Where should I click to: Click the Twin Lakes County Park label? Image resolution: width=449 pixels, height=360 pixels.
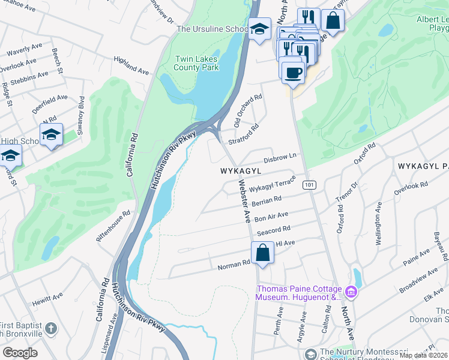point(195,64)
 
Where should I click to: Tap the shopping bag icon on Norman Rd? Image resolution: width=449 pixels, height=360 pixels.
point(263,253)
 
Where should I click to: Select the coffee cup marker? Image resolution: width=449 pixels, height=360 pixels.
point(292,73)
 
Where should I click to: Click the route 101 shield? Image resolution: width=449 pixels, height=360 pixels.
point(309,184)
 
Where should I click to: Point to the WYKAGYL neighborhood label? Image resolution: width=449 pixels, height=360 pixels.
point(243,171)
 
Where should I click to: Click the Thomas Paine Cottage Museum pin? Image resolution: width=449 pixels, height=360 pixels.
point(351,293)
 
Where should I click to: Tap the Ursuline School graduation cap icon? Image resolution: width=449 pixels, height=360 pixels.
point(259,30)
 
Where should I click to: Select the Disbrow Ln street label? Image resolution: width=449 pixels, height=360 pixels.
point(281,158)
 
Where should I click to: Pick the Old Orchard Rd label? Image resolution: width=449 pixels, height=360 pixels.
point(248,110)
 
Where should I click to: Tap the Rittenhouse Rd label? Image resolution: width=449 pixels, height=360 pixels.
point(113,226)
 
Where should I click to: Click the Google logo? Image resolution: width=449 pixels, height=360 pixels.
point(20,352)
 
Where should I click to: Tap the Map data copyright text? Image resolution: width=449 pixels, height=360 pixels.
point(423,355)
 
